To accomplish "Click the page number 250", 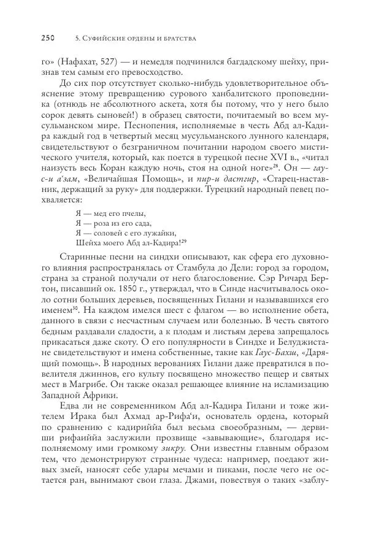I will tap(48, 39).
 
